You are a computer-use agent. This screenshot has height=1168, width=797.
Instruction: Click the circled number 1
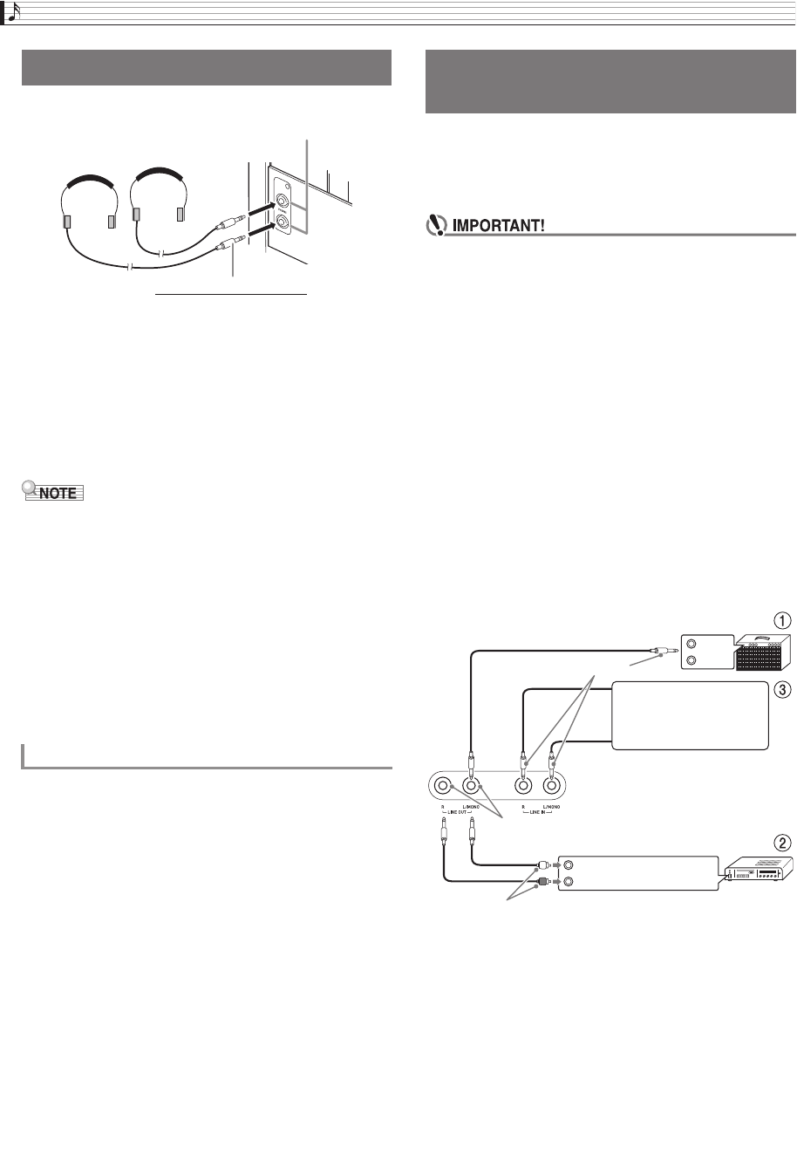[784, 622]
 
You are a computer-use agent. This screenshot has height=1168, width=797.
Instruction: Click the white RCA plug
[544, 867]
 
